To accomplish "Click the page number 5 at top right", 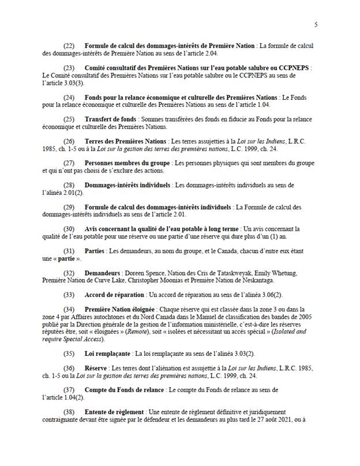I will tap(316, 24).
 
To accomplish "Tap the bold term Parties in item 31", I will tap(95, 251).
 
